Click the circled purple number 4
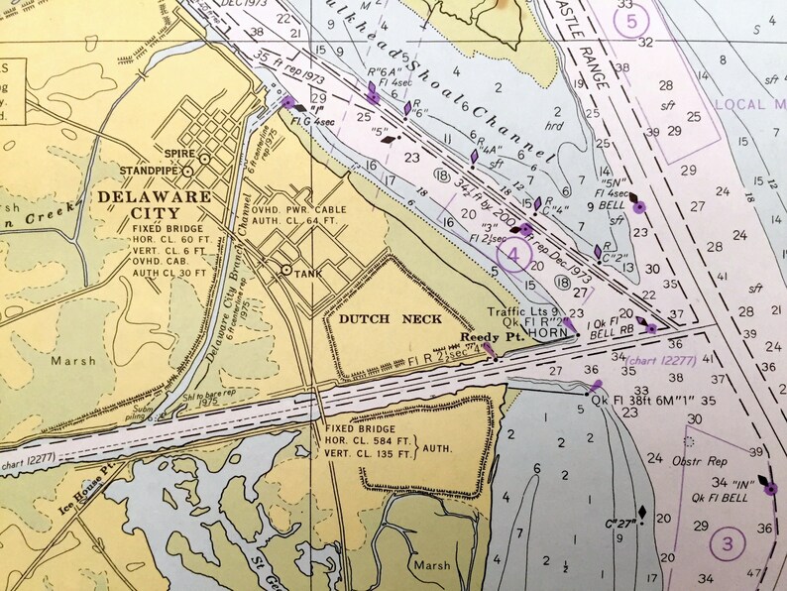click(513, 257)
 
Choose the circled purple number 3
click(728, 542)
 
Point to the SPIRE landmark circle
click(204, 158)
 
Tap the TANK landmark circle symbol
click(286, 270)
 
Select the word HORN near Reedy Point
click(546, 335)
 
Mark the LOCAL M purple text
click(752, 104)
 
